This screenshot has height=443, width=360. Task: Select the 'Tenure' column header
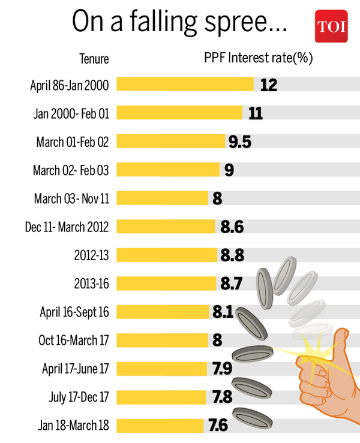coord(94,59)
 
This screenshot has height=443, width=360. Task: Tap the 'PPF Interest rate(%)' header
coord(259,58)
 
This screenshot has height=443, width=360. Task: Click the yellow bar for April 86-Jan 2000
coord(185,85)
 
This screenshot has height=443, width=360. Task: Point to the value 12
coord(268,85)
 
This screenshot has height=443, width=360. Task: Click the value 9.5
coord(239,141)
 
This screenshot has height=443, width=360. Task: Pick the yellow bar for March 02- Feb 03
coord(168,170)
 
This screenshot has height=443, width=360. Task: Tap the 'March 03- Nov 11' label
coord(71,198)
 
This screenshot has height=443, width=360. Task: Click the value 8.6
coord(232,227)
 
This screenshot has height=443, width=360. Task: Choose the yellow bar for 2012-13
coord(167,255)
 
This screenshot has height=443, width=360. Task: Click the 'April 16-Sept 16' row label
coord(74,312)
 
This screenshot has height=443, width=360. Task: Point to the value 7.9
coord(220,369)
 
